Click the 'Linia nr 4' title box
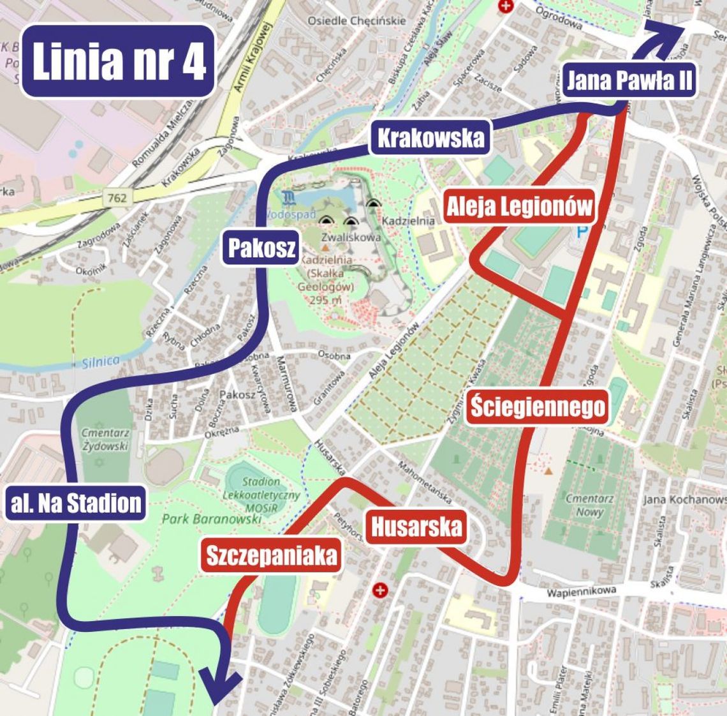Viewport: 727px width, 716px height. (118, 61)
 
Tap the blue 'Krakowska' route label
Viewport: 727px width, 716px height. (430, 138)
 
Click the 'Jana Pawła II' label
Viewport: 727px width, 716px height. (629, 81)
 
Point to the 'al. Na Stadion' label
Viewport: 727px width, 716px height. (76, 502)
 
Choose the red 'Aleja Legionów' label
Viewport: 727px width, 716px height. (519, 206)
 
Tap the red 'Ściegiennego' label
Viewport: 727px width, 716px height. (537, 406)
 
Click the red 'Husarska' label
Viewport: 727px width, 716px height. (416, 527)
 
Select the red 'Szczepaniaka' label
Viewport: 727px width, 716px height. (270, 555)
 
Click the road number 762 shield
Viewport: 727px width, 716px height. (117, 198)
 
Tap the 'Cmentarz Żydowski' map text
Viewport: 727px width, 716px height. (105, 439)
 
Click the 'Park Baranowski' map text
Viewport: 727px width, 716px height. (212, 519)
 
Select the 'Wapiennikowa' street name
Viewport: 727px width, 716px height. (581, 592)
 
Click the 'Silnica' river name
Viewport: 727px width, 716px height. (100, 361)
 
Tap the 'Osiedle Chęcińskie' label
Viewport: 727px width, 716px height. (356, 20)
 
